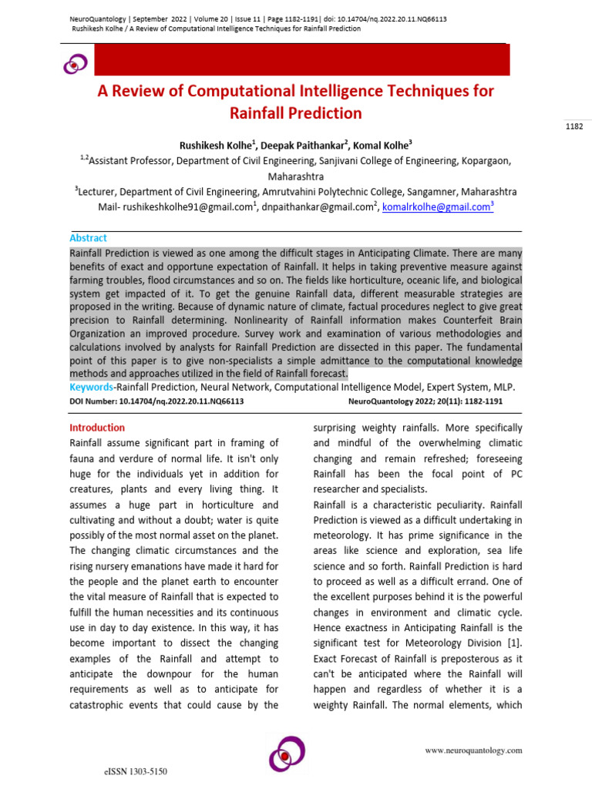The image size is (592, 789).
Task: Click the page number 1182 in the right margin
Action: (574, 127)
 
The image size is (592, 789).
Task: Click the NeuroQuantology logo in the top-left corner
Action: (75, 65)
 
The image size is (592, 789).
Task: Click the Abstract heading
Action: (89, 238)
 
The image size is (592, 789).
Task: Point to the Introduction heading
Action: (97, 428)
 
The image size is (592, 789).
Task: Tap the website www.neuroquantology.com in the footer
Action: (474, 750)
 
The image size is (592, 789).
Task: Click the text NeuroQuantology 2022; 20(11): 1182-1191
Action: (425, 401)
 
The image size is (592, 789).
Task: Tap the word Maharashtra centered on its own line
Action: (296, 176)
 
